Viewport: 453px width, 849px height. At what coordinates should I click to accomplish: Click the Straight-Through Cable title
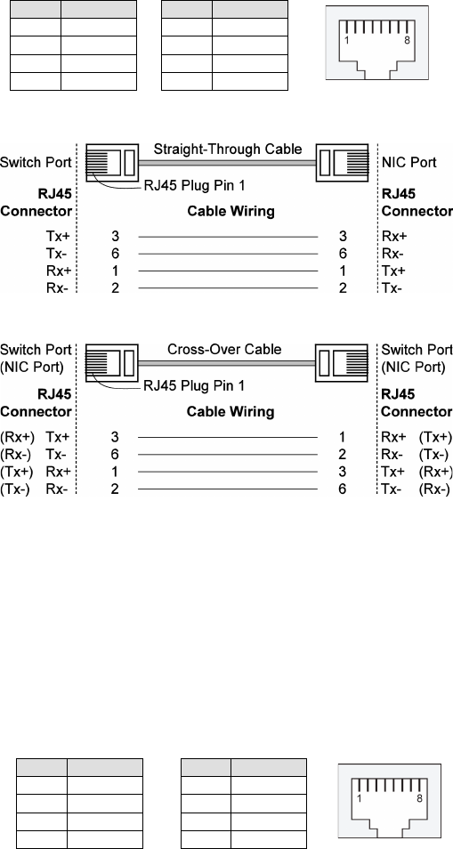tap(228, 149)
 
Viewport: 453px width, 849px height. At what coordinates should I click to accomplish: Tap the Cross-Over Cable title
tap(224, 349)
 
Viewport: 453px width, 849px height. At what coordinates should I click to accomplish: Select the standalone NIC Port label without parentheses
tap(409, 162)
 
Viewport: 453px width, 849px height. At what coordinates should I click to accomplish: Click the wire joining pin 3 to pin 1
tap(228, 437)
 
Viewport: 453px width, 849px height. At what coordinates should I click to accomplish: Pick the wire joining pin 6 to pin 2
tap(228, 454)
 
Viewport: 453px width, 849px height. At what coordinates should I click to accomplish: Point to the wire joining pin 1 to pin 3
tap(228, 472)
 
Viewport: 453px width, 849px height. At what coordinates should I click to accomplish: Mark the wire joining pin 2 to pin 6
tap(228, 489)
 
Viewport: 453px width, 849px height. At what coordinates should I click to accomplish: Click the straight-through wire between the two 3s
tap(228, 237)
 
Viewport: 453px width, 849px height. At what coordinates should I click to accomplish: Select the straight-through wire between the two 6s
tap(228, 254)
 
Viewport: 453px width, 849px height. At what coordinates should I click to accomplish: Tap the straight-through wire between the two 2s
tap(228, 288)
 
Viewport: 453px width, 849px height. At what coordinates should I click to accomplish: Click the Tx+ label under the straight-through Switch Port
tap(59, 236)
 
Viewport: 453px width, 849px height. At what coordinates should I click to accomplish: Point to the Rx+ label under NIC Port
tap(394, 236)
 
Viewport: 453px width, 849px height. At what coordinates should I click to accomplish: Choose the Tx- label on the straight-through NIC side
tap(392, 288)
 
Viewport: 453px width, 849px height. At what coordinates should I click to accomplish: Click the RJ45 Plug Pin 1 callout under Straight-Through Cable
tap(194, 186)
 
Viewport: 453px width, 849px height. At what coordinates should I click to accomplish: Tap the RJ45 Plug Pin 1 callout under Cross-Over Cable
tap(194, 386)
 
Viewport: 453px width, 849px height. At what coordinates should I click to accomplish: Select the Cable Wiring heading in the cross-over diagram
tap(231, 412)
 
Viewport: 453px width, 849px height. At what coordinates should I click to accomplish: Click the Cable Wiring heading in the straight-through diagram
tap(231, 211)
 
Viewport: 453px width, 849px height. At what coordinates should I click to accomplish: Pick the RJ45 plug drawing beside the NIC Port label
tap(342, 162)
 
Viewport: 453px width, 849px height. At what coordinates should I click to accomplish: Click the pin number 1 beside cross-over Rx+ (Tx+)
tap(342, 437)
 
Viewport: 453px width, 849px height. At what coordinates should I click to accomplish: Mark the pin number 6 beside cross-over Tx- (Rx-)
tap(342, 489)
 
